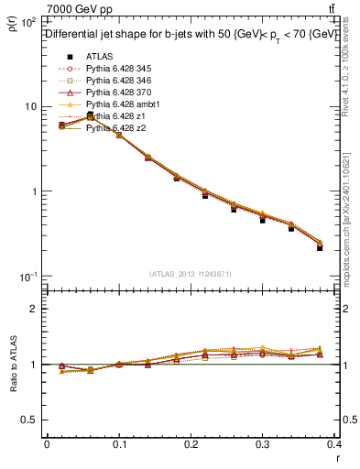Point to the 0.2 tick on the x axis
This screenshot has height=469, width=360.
(x=191, y=443)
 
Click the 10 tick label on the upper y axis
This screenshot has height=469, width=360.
(x=29, y=106)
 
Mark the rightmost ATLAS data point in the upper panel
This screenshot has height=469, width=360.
(x=320, y=247)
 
